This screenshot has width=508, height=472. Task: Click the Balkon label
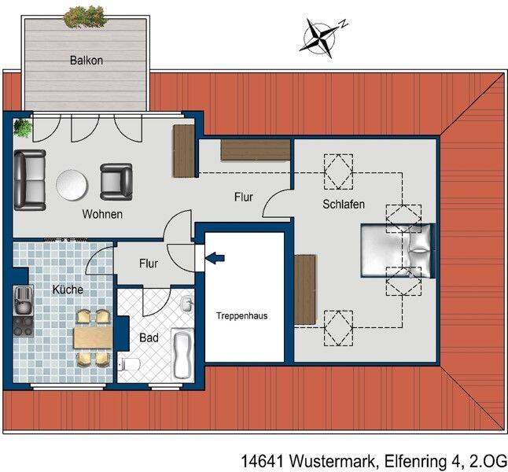tap(87, 61)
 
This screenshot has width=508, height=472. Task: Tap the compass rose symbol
tap(322, 38)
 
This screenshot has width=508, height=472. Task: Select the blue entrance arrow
tap(215, 258)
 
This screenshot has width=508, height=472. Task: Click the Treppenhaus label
tap(241, 315)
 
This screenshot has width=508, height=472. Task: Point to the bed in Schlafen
tap(398, 251)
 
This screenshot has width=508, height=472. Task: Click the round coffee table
tap(72, 185)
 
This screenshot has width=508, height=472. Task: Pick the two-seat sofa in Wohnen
tap(30, 180)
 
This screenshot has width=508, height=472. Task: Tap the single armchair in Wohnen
tap(116, 182)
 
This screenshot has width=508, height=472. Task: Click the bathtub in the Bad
tap(182, 354)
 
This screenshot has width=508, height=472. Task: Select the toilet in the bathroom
tap(129, 364)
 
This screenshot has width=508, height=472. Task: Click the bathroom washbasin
tap(187, 304)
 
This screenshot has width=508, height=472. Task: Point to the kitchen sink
tap(23, 300)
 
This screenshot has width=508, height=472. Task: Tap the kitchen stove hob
tap(23, 326)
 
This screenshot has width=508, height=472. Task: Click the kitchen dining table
tap(93, 337)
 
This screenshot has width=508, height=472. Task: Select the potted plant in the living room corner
tap(23, 127)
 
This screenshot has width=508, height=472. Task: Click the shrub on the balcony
tap(85, 17)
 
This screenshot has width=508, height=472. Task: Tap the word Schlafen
tap(344, 205)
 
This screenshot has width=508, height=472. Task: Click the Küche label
tap(68, 289)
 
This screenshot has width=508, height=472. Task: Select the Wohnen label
tap(102, 214)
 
